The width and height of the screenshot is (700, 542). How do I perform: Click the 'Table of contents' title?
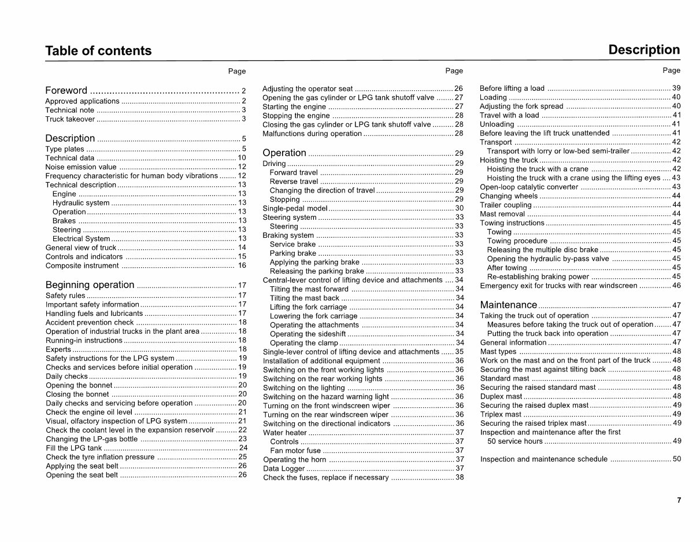[98, 51]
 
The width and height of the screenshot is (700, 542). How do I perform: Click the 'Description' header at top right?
[644, 50]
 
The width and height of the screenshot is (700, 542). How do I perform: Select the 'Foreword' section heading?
[66, 90]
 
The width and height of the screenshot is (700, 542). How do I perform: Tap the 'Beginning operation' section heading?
[90, 285]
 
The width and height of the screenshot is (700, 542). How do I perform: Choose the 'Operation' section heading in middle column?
[284, 153]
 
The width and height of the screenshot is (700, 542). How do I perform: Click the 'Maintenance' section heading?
[509, 305]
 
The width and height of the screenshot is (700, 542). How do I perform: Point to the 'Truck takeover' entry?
[70, 119]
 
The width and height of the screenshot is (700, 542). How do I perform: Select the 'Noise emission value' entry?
[81, 167]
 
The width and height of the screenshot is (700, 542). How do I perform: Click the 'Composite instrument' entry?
[82, 266]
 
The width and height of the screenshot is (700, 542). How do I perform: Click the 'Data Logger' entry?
[284, 469]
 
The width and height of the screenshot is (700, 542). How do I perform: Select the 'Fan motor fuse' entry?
[295, 451]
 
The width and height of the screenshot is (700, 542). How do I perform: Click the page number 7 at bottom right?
[679, 501]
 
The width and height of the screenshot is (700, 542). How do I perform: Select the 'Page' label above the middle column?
[454, 71]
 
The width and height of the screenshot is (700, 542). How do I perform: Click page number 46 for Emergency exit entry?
[676, 286]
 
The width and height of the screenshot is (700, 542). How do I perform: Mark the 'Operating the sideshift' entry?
[308, 334]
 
